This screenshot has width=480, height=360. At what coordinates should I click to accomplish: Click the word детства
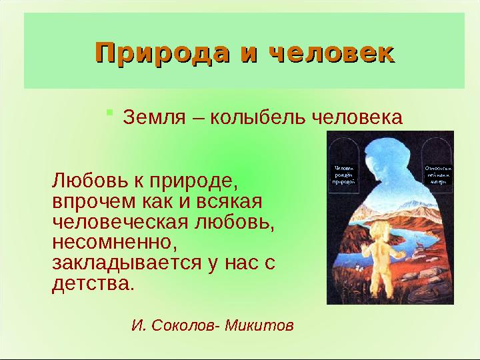click(x=92, y=283)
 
